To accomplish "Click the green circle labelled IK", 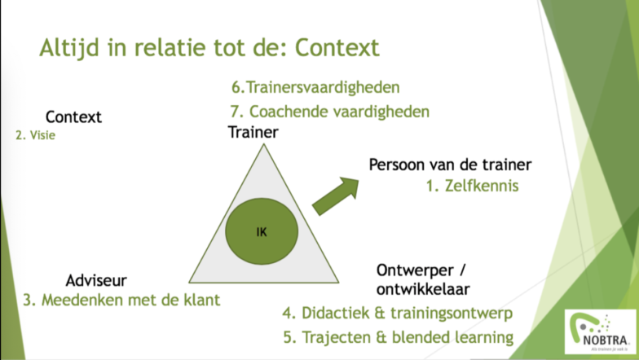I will pos(261,230).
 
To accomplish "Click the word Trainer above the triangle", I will pos(253,131).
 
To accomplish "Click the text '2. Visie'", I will pos(35,136).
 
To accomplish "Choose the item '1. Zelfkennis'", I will pos(472,186).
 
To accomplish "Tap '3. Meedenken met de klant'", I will pos(122,300).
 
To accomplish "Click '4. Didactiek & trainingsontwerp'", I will pos(398,313).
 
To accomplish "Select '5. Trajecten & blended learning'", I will pos(398,336).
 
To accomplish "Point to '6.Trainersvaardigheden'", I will pos(316,87).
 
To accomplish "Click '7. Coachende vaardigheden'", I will pos(329,111).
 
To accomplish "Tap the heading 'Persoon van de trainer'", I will pos(450,165).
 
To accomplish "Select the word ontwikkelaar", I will pos(423,288).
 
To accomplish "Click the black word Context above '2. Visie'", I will pos(73,117).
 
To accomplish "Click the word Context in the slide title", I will pos(337,47).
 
